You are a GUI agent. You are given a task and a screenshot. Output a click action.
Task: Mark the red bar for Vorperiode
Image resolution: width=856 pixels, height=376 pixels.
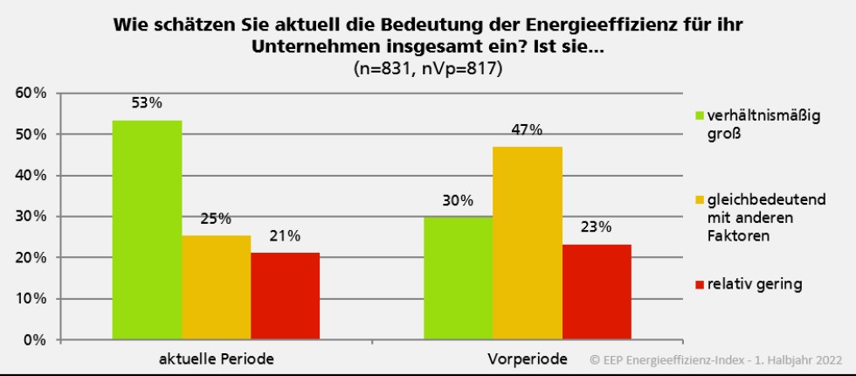click(597, 292)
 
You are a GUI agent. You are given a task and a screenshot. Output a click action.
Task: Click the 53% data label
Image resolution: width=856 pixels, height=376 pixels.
click(148, 103)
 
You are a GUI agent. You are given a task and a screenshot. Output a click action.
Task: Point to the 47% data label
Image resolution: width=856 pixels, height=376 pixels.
click(528, 130)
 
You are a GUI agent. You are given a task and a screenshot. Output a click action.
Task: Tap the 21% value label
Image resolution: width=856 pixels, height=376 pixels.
click(286, 236)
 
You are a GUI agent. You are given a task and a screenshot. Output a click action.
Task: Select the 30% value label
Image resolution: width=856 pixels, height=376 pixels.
click(458, 200)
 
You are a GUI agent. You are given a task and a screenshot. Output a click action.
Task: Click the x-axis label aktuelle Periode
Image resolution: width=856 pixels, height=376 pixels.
click(216, 359)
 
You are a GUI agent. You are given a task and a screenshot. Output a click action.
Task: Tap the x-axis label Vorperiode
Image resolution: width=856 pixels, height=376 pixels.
click(528, 359)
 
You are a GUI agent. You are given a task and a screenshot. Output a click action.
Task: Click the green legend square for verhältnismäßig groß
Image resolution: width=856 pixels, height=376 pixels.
click(699, 115)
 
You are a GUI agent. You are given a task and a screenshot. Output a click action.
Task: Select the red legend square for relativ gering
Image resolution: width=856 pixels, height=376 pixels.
click(699, 283)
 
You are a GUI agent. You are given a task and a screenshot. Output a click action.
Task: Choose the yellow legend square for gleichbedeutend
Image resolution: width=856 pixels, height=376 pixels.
click(699, 200)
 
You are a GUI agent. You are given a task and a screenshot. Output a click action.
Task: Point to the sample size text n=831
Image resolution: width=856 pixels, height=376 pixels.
click(384, 69)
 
